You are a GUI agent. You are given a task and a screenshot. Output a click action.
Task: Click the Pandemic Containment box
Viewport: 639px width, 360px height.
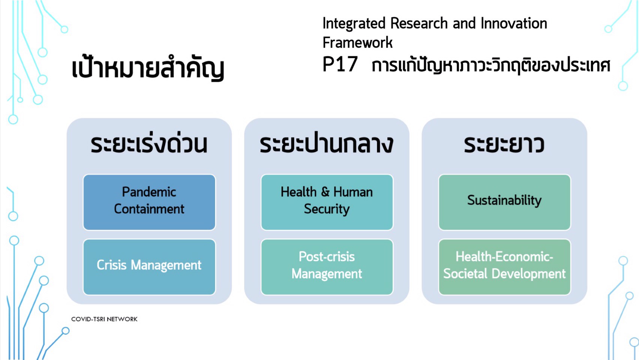coord(149,202)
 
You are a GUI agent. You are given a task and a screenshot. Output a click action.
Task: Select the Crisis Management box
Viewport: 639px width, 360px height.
coord(149,267)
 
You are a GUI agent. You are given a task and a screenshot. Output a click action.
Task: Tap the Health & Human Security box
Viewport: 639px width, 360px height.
coord(327,202)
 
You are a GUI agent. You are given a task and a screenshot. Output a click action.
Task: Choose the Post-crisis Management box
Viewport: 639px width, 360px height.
coord(327,267)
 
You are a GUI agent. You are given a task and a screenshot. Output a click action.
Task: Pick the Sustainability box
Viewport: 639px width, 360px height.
coord(504,202)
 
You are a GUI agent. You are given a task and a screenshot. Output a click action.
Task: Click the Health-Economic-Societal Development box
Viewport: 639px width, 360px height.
coord(504,267)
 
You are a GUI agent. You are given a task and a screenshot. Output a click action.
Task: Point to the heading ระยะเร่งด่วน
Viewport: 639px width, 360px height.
coord(149,144)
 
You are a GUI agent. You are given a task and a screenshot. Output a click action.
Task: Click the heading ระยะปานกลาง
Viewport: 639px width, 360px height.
coord(327,144)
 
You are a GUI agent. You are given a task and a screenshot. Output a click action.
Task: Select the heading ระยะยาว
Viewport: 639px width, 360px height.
coord(504,144)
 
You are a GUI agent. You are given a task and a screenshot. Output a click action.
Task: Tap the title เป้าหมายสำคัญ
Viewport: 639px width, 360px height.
coord(148,68)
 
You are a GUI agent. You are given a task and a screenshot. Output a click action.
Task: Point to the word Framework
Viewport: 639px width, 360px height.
coord(357,42)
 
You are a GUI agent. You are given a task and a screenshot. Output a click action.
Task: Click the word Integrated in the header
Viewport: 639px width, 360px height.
coord(354,24)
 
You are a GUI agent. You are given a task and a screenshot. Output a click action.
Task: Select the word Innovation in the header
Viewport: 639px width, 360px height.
coord(514,23)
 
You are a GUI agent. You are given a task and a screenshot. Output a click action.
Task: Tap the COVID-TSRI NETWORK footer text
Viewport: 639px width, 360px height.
coord(104,319)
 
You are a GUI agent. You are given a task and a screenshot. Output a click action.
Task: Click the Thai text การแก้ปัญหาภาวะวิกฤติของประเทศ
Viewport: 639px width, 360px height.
coord(491,65)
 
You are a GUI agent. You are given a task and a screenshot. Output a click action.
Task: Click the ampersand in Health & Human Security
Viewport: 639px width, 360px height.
coord(325,192)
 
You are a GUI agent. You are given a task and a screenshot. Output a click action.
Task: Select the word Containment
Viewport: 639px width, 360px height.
coord(149,209)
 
